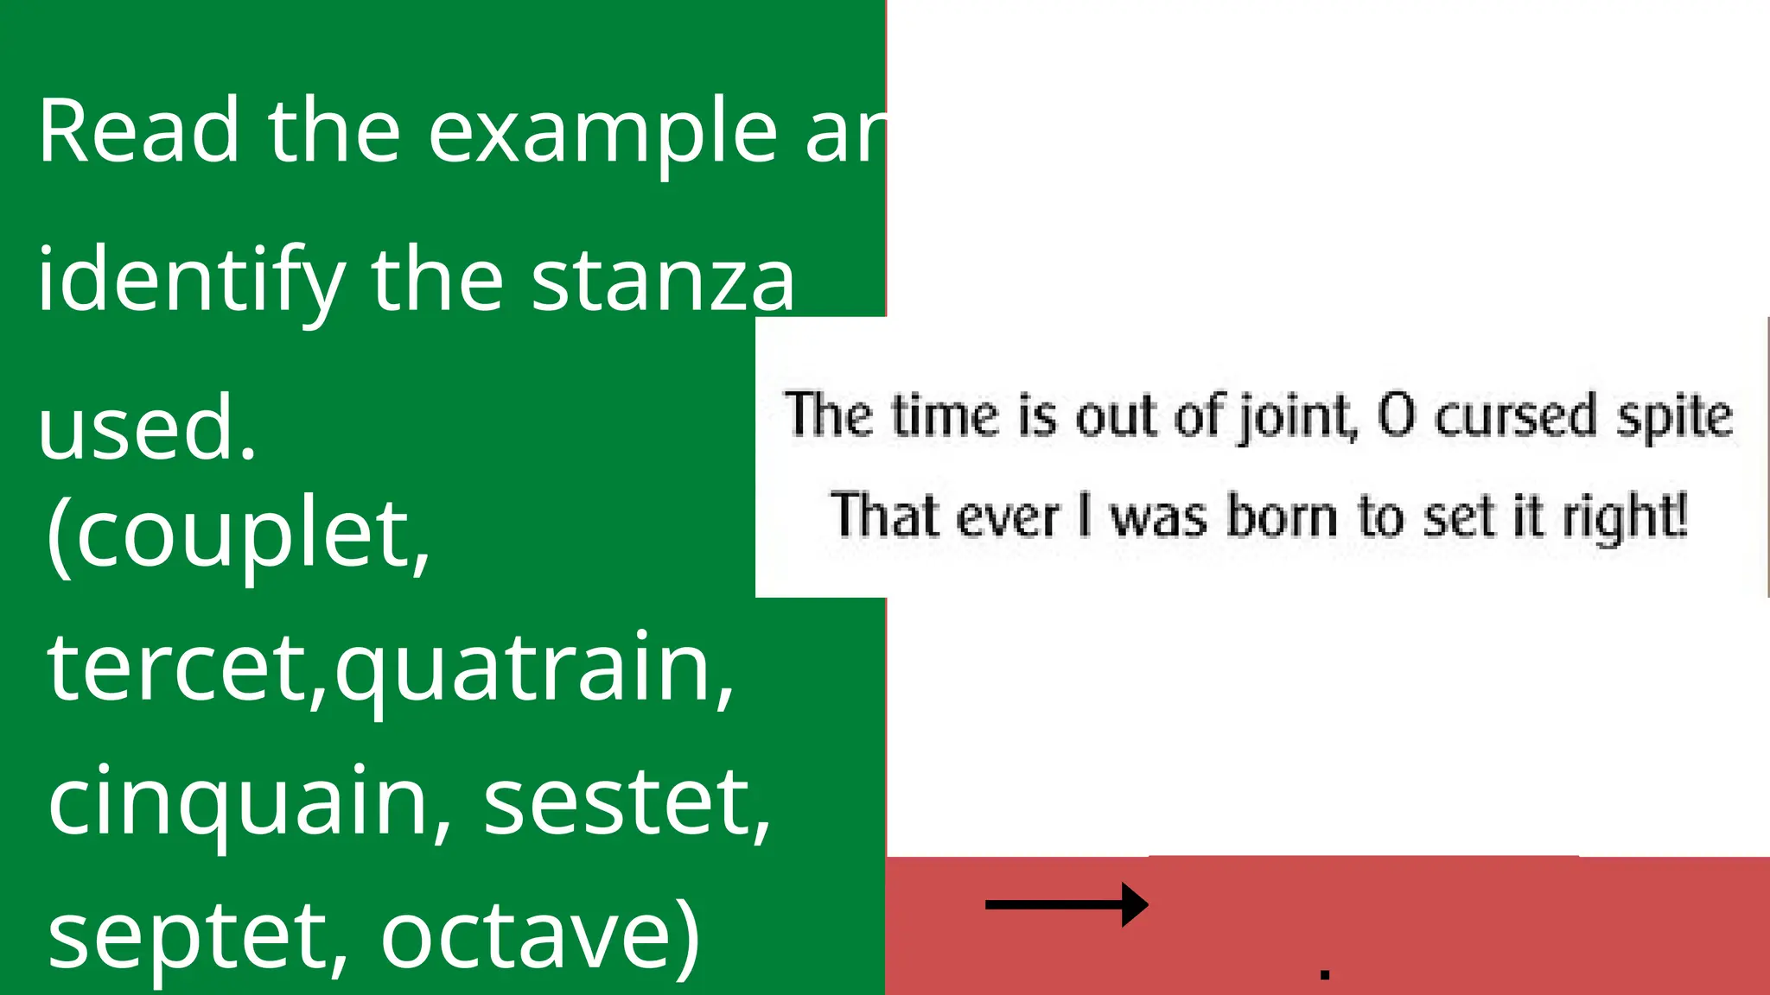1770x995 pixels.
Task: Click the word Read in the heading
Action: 138,131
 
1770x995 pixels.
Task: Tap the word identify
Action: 190,282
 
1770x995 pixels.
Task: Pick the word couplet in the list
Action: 251,536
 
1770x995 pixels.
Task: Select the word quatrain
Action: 527,669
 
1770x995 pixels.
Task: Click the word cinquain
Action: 242,803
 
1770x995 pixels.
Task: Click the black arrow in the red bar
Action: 1066,905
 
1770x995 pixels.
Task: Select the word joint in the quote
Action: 1296,416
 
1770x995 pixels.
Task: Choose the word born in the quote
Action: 1283,517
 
